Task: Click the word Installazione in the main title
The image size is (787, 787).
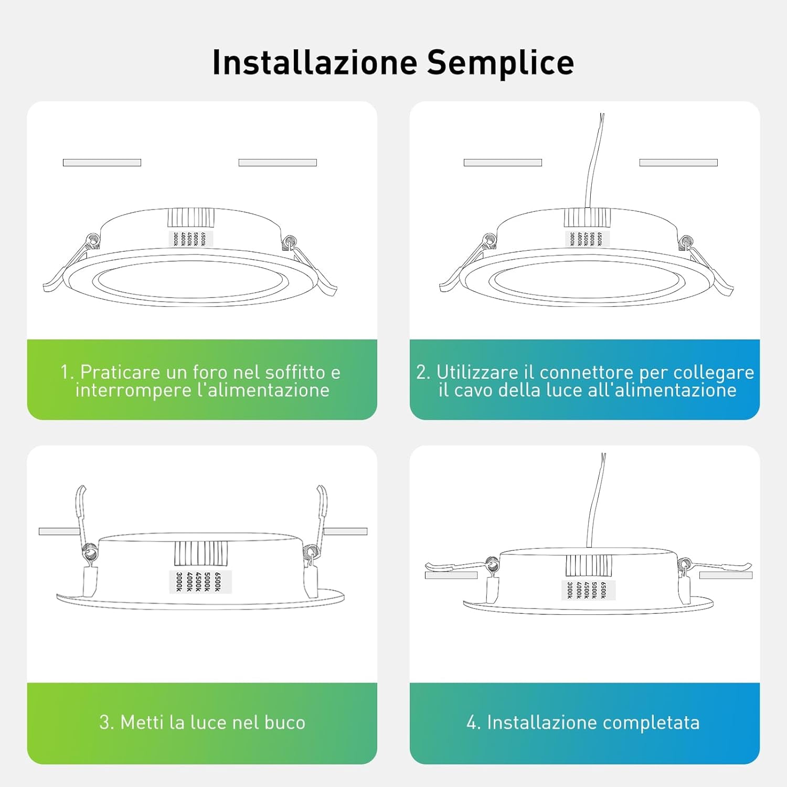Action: (315, 62)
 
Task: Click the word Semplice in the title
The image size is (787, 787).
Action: (501, 63)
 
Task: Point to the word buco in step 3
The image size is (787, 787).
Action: (285, 722)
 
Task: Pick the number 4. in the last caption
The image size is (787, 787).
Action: (473, 722)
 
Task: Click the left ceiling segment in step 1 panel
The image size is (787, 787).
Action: (102, 163)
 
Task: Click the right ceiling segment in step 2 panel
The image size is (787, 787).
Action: (678, 163)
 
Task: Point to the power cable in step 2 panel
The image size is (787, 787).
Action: (594, 160)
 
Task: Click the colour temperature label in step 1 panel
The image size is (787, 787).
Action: (190, 239)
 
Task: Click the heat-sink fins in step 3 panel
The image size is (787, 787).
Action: (201, 553)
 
